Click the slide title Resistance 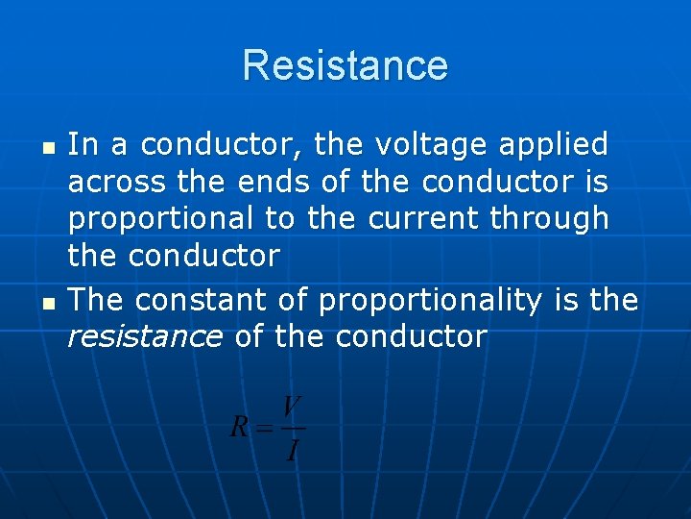pyautogui.click(x=345, y=65)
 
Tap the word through pyautogui.click(x=549, y=219)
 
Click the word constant pyautogui.click(x=203, y=301)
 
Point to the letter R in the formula pyautogui.click(x=240, y=427)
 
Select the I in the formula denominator pyautogui.click(x=293, y=448)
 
